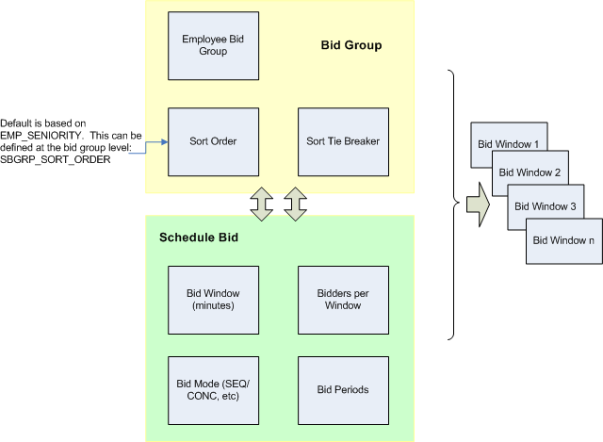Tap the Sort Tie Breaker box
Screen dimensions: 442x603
342,141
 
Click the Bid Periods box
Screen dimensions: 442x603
342,388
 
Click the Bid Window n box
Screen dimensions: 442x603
563,240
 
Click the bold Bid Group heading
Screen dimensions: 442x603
351,45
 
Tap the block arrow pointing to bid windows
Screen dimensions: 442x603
479,205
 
